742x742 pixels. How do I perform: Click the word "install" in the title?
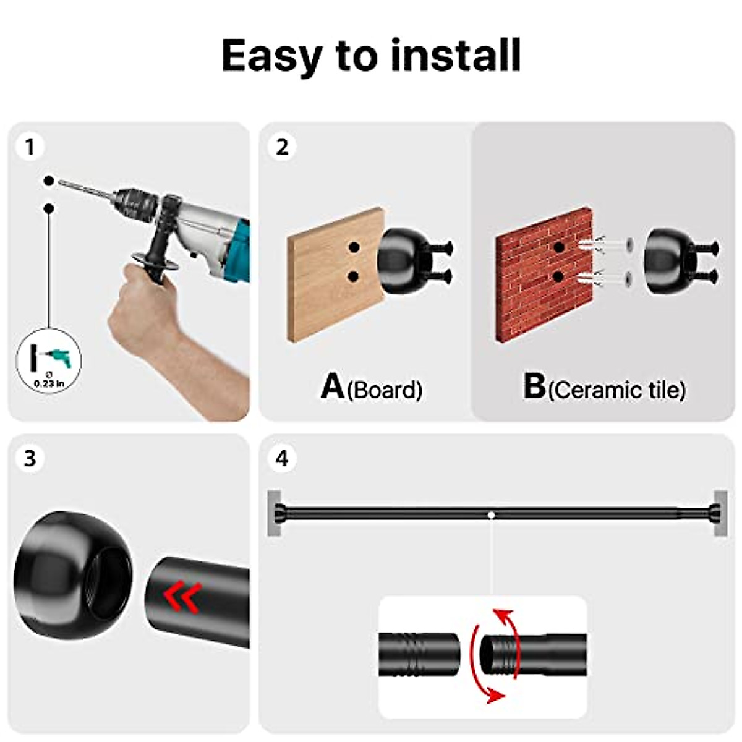tap(456, 56)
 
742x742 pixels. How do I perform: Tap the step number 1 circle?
tap(29, 147)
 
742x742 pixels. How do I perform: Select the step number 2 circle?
tap(282, 147)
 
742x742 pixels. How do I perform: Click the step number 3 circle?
tap(29, 459)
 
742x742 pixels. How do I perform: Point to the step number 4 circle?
tap(282, 459)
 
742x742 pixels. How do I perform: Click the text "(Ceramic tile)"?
tap(616, 390)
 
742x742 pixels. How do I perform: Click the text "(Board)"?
tap(385, 390)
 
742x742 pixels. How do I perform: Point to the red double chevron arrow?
tap(182, 597)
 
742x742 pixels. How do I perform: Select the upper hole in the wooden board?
tap(354, 247)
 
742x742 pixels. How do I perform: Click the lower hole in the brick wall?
tap(558, 277)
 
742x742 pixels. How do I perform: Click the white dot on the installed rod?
tap(490, 514)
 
